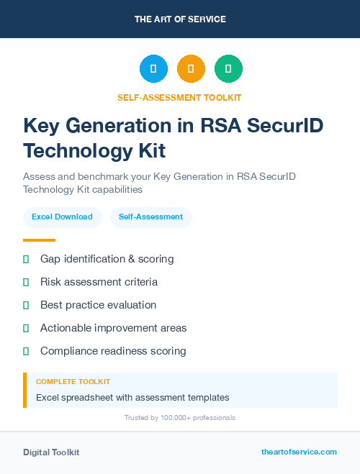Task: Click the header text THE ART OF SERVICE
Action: (180, 19)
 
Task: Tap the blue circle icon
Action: (153, 69)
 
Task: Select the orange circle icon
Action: (191, 69)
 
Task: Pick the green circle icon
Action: (229, 69)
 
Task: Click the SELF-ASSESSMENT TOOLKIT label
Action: (180, 97)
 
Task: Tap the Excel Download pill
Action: (62, 217)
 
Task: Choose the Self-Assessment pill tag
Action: (150, 217)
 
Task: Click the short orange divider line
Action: (39, 240)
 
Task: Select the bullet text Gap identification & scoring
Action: (107, 259)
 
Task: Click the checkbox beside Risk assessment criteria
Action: (26, 282)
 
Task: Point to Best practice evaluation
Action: (98, 305)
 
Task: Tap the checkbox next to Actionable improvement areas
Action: (26, 328)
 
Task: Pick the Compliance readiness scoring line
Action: (113, 351)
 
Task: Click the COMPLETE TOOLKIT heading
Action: (73, 382)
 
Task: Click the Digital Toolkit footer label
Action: (51, 452)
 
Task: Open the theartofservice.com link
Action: (299, 452)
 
